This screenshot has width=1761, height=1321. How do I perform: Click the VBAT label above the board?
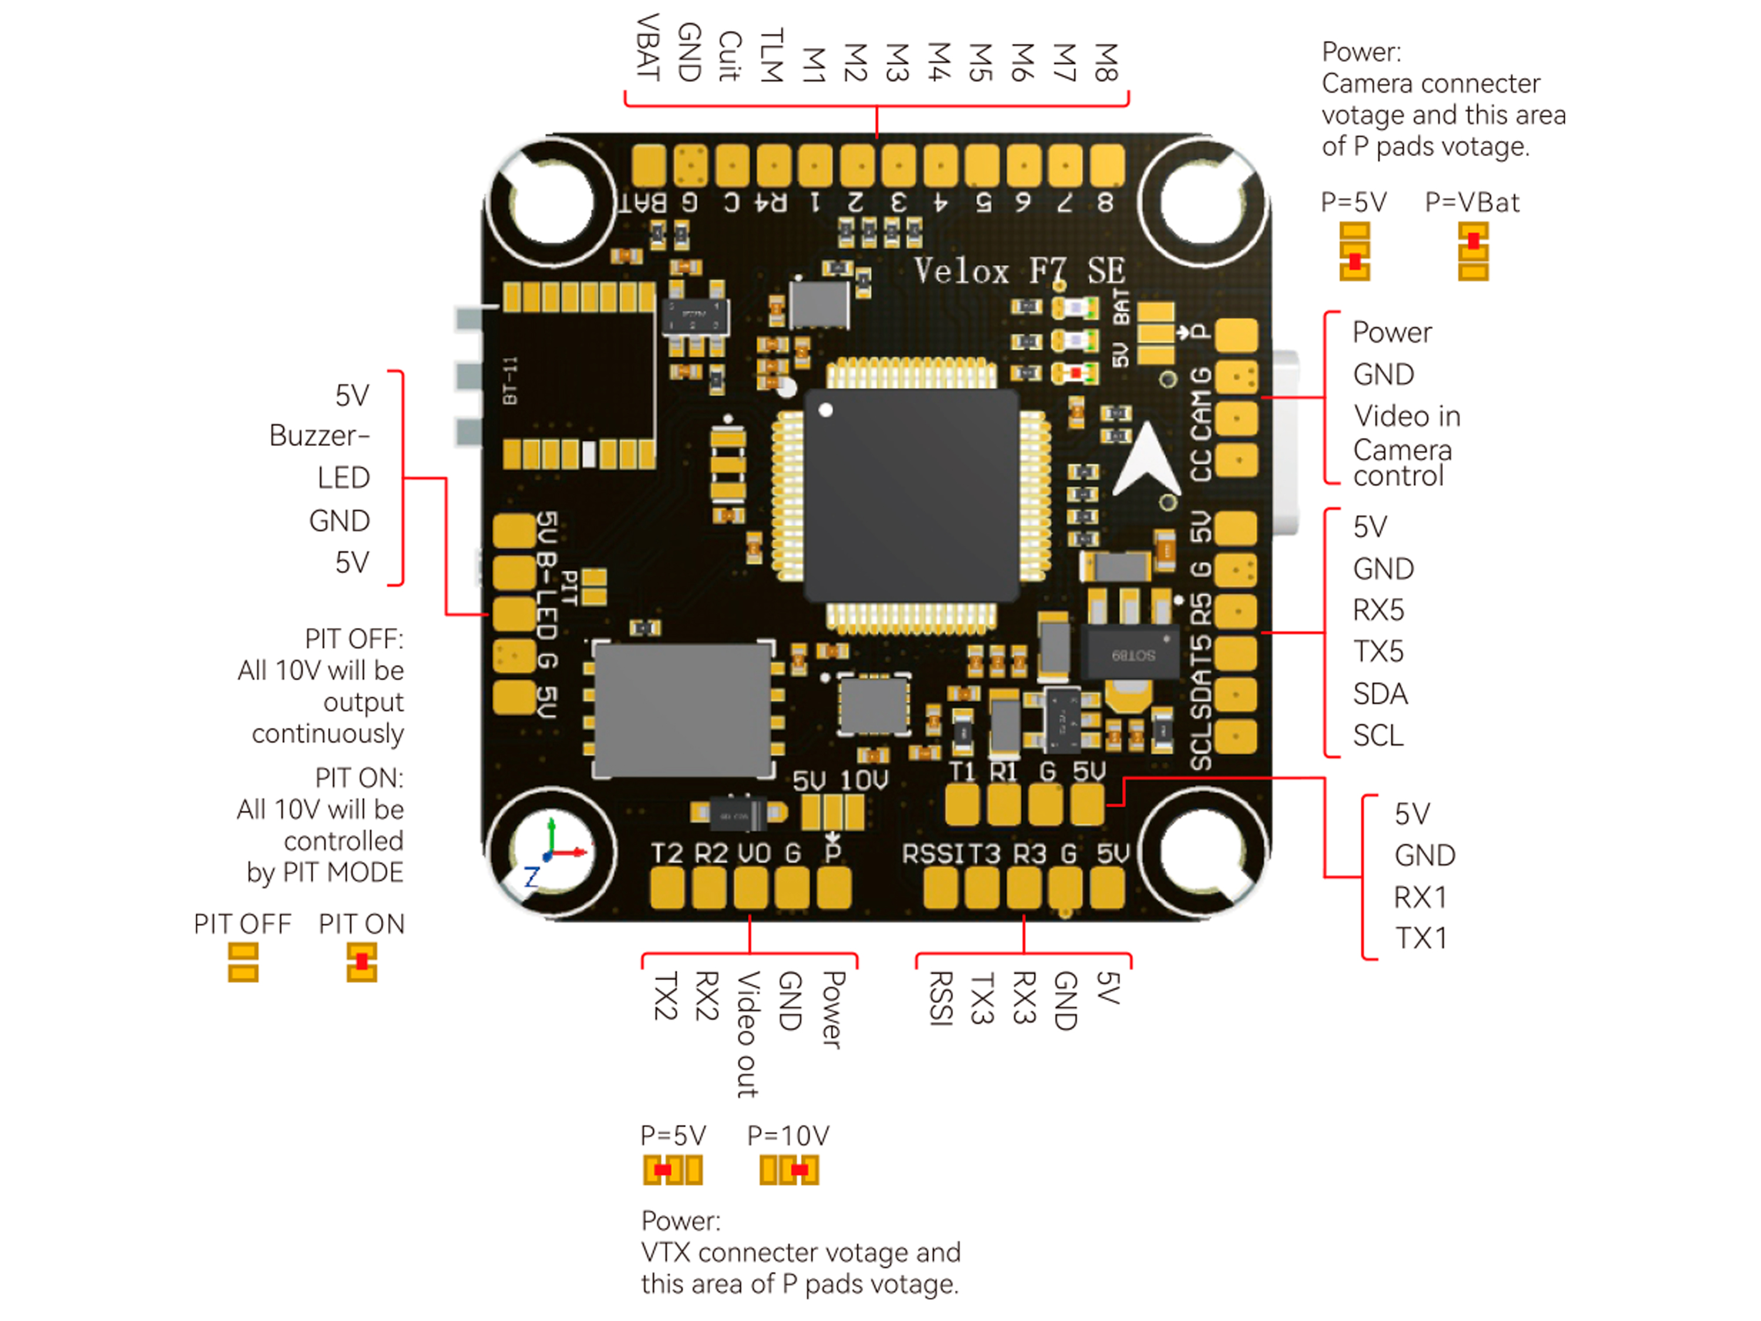coord(648,48)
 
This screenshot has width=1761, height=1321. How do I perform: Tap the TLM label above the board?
coord(771,56)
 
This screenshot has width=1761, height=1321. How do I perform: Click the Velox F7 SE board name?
coord(1018,271)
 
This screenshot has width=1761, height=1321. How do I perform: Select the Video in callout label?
coord(1406,416)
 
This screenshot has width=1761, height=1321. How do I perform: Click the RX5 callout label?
coord(1378,610)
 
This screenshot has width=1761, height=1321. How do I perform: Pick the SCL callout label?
coord(1378,736)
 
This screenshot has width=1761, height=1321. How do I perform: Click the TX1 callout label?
coord(1421,939)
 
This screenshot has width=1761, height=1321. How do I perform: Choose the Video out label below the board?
coord(747,1035)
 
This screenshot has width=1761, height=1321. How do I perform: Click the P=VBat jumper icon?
coord(1473,252)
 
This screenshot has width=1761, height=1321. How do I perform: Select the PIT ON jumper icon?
coord(362,962)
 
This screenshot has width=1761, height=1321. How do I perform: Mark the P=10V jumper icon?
coord(789,1170)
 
